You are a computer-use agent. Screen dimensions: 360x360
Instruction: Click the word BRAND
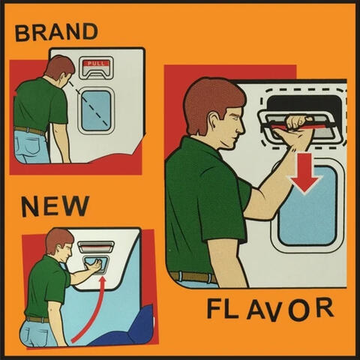(56, 32)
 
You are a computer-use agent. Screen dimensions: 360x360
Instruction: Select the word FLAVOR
(270, 309)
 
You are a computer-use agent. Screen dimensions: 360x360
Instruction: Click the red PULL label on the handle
(96, 63)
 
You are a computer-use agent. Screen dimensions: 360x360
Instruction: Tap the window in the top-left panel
(96, 110)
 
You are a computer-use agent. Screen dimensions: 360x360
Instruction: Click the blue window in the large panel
(308, 205)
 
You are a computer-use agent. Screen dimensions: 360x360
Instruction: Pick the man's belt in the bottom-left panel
(38, 319)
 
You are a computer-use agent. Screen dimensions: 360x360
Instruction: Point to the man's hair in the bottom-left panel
(58, 239)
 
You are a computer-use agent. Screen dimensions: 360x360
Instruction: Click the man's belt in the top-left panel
(29, 130)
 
